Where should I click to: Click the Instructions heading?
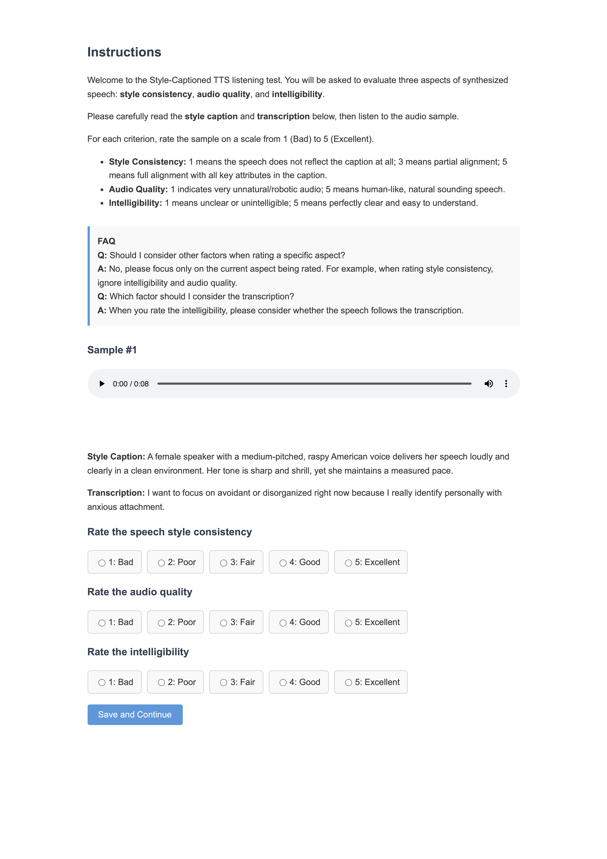point(124,52)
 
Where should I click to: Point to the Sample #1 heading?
point(112,350)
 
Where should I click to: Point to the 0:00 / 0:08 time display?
point(131,384)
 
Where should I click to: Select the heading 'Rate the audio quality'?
point(139,592)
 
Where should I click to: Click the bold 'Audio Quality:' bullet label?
point(138,189)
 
